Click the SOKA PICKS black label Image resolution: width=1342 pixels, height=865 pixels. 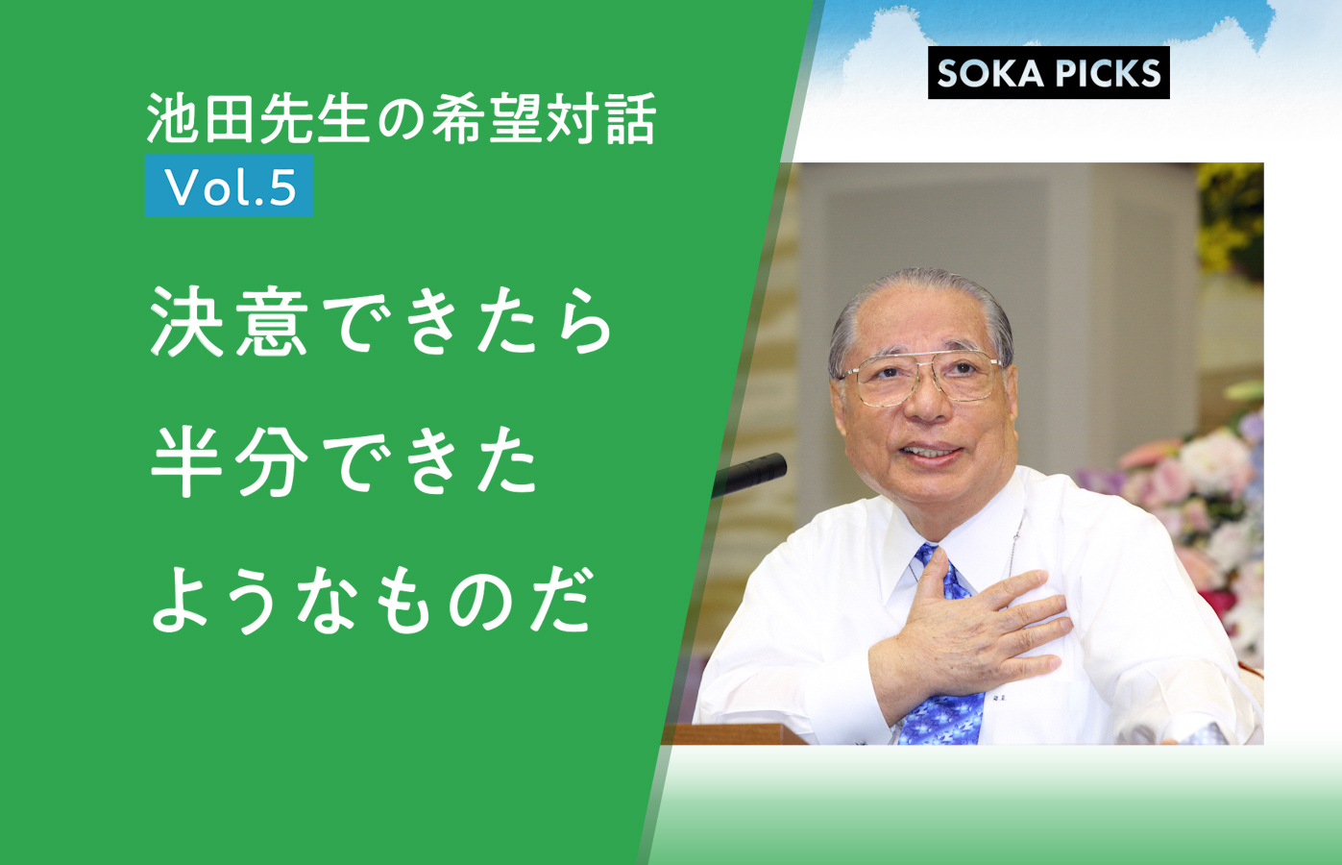coord(1048,72)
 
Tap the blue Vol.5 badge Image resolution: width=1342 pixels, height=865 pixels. coord(229,185)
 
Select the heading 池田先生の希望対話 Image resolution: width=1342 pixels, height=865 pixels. coord(402,118)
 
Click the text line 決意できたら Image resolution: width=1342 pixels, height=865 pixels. coord(381,322)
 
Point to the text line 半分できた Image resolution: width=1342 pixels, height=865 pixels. coord(344,460)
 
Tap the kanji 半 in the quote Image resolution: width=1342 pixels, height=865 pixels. coord(187,461)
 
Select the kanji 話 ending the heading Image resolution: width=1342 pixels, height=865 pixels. coord(631,118)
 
